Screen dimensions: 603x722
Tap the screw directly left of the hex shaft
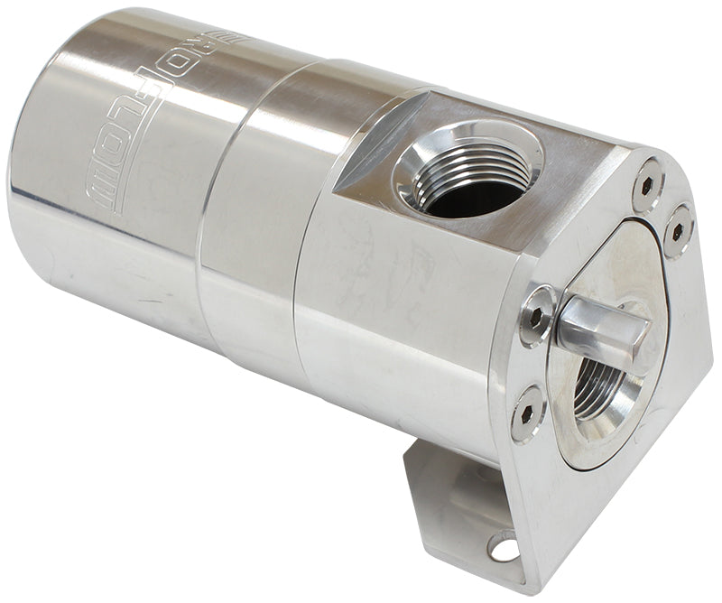pyautogui.click(x=538, y=315)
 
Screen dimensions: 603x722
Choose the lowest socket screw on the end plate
pyautogui.click(x=528, y=413)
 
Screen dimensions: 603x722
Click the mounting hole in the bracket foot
pyautogui.click(x=503, y=546)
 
